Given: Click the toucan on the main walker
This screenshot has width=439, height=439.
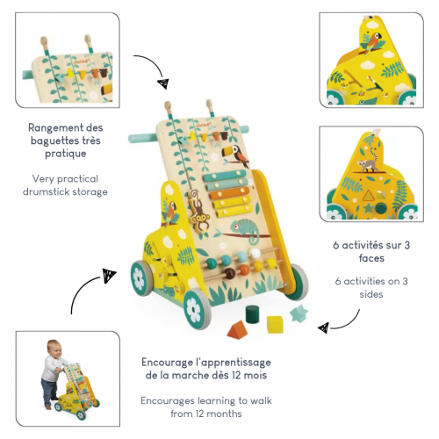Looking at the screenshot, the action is (x=234, y=155).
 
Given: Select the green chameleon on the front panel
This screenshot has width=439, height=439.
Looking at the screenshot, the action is (x=245, y=230).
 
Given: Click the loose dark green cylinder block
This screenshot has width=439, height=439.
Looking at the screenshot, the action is (x=253, y=314).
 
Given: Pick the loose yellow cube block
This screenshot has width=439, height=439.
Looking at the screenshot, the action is (x=275, y=324).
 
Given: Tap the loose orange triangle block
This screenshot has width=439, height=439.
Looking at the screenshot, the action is (x=237, y=330).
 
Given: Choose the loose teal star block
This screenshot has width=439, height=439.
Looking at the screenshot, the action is (x=299, y=313).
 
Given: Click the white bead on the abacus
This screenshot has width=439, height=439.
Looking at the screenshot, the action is (x=255, y=253).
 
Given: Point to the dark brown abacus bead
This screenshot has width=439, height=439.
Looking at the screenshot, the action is (x=230, y=273).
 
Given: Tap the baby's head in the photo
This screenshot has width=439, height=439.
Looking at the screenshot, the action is (x=54, y=349).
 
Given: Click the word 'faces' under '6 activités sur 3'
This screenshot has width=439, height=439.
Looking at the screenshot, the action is (x=371, y=258).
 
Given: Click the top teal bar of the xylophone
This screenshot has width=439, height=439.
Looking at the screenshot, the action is (x=225, y=175).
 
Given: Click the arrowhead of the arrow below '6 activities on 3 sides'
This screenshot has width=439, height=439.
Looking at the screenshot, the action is (x=323, y=327).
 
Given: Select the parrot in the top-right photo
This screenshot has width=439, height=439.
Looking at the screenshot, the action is (x=373, y=42).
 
